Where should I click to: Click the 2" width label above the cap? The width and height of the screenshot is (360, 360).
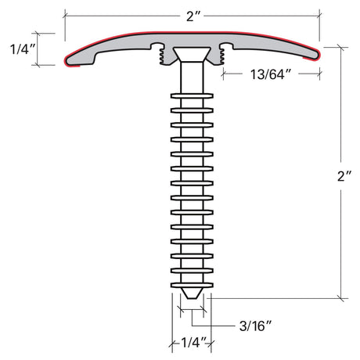[190, 15]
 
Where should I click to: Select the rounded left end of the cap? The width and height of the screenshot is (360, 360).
[71, 56]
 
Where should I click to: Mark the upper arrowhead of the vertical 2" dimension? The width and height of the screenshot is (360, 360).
[340, 49]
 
